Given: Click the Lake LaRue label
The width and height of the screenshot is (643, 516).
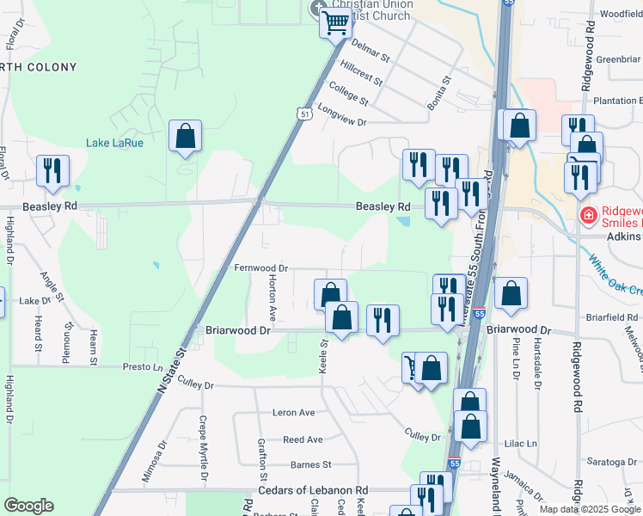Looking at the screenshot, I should tap(114, 143).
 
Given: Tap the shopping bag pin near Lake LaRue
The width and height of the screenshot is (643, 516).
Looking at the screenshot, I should tap(185, 136).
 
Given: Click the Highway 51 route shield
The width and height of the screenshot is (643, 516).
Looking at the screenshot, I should tap(305, 114).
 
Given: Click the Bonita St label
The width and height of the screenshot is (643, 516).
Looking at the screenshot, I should tap(440, 93).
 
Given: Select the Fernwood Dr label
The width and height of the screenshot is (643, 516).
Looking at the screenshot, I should tap(260, 268).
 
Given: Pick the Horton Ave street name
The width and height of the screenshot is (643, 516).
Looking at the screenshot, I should tap(273, 299).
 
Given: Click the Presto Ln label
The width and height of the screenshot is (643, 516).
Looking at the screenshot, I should tap(143, 366).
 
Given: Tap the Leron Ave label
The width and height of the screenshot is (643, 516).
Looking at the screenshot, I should tap(294, 413).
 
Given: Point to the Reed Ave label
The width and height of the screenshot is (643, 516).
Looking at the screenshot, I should tap(303, 439).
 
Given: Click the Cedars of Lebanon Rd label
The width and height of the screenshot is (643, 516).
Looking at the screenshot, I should tap(313, 490).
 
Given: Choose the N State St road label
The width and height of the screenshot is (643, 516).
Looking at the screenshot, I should tap(172, 369).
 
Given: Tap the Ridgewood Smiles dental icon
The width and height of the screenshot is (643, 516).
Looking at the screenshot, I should tap(589, 215).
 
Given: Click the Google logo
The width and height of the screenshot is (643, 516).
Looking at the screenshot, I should tap(28, 506).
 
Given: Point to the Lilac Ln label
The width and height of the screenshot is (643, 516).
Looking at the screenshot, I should tap(521, 444).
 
